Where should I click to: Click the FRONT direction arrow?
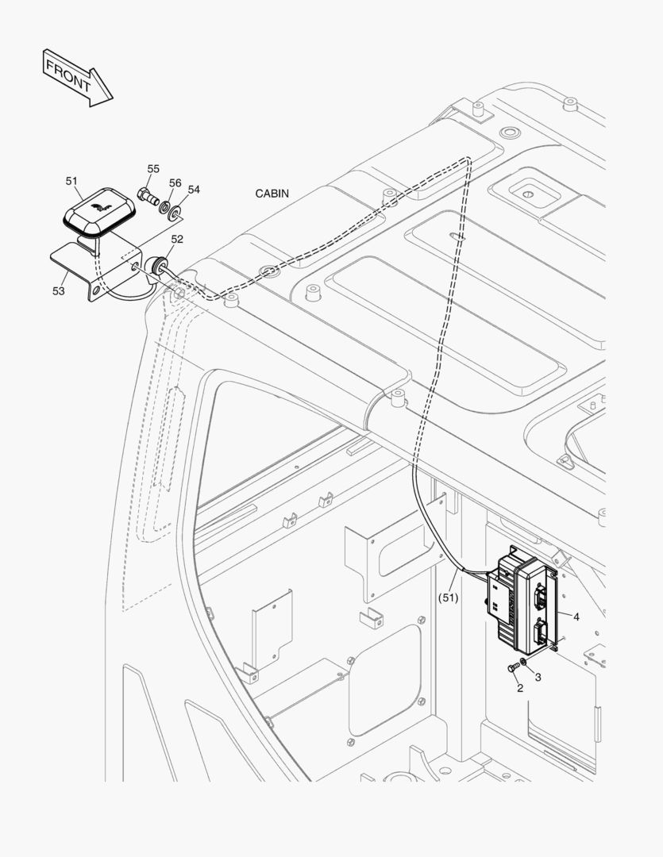coord(78,78)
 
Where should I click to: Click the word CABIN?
coord(272,194)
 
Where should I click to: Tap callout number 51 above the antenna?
coord(71,181)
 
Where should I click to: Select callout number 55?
coord(153,169)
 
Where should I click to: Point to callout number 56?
coord(175,183)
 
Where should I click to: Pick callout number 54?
coord(194,190)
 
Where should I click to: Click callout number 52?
coord(177,240)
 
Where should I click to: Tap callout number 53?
coord(59,291)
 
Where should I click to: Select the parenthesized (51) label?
coord(448,598)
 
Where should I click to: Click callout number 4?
coord(576,617)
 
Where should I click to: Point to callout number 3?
coord(538,677)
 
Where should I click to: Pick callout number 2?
coord(519,688)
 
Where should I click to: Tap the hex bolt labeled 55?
coord(147,196)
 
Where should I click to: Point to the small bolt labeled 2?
coord(514,667)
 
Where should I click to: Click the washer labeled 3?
coord(524,663)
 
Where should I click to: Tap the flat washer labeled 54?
coord(175,212)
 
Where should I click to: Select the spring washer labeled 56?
coord(164,207)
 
